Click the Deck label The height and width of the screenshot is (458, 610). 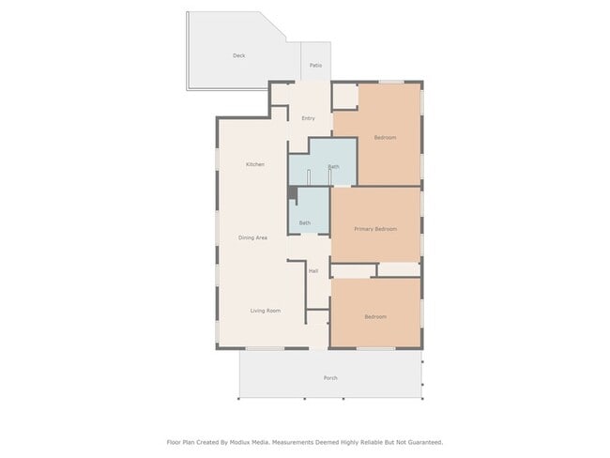239,56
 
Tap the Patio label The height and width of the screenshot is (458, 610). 315,66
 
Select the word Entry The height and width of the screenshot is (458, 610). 308,118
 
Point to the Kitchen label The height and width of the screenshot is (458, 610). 255,164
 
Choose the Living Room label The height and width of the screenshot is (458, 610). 265,311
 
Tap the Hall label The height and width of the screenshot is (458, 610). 313,271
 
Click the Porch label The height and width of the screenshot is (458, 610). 330,378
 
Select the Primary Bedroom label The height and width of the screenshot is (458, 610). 375,229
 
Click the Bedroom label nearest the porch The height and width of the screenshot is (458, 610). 375,316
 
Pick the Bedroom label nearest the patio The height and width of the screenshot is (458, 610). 385,138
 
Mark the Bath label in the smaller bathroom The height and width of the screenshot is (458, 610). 305,222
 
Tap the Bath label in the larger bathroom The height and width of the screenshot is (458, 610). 333,167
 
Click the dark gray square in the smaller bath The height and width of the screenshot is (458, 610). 293,193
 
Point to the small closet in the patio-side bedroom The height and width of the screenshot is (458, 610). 345,96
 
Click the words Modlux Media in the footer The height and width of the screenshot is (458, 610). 252,441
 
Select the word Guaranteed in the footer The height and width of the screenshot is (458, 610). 420,441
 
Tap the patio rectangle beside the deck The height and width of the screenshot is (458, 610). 315,63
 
